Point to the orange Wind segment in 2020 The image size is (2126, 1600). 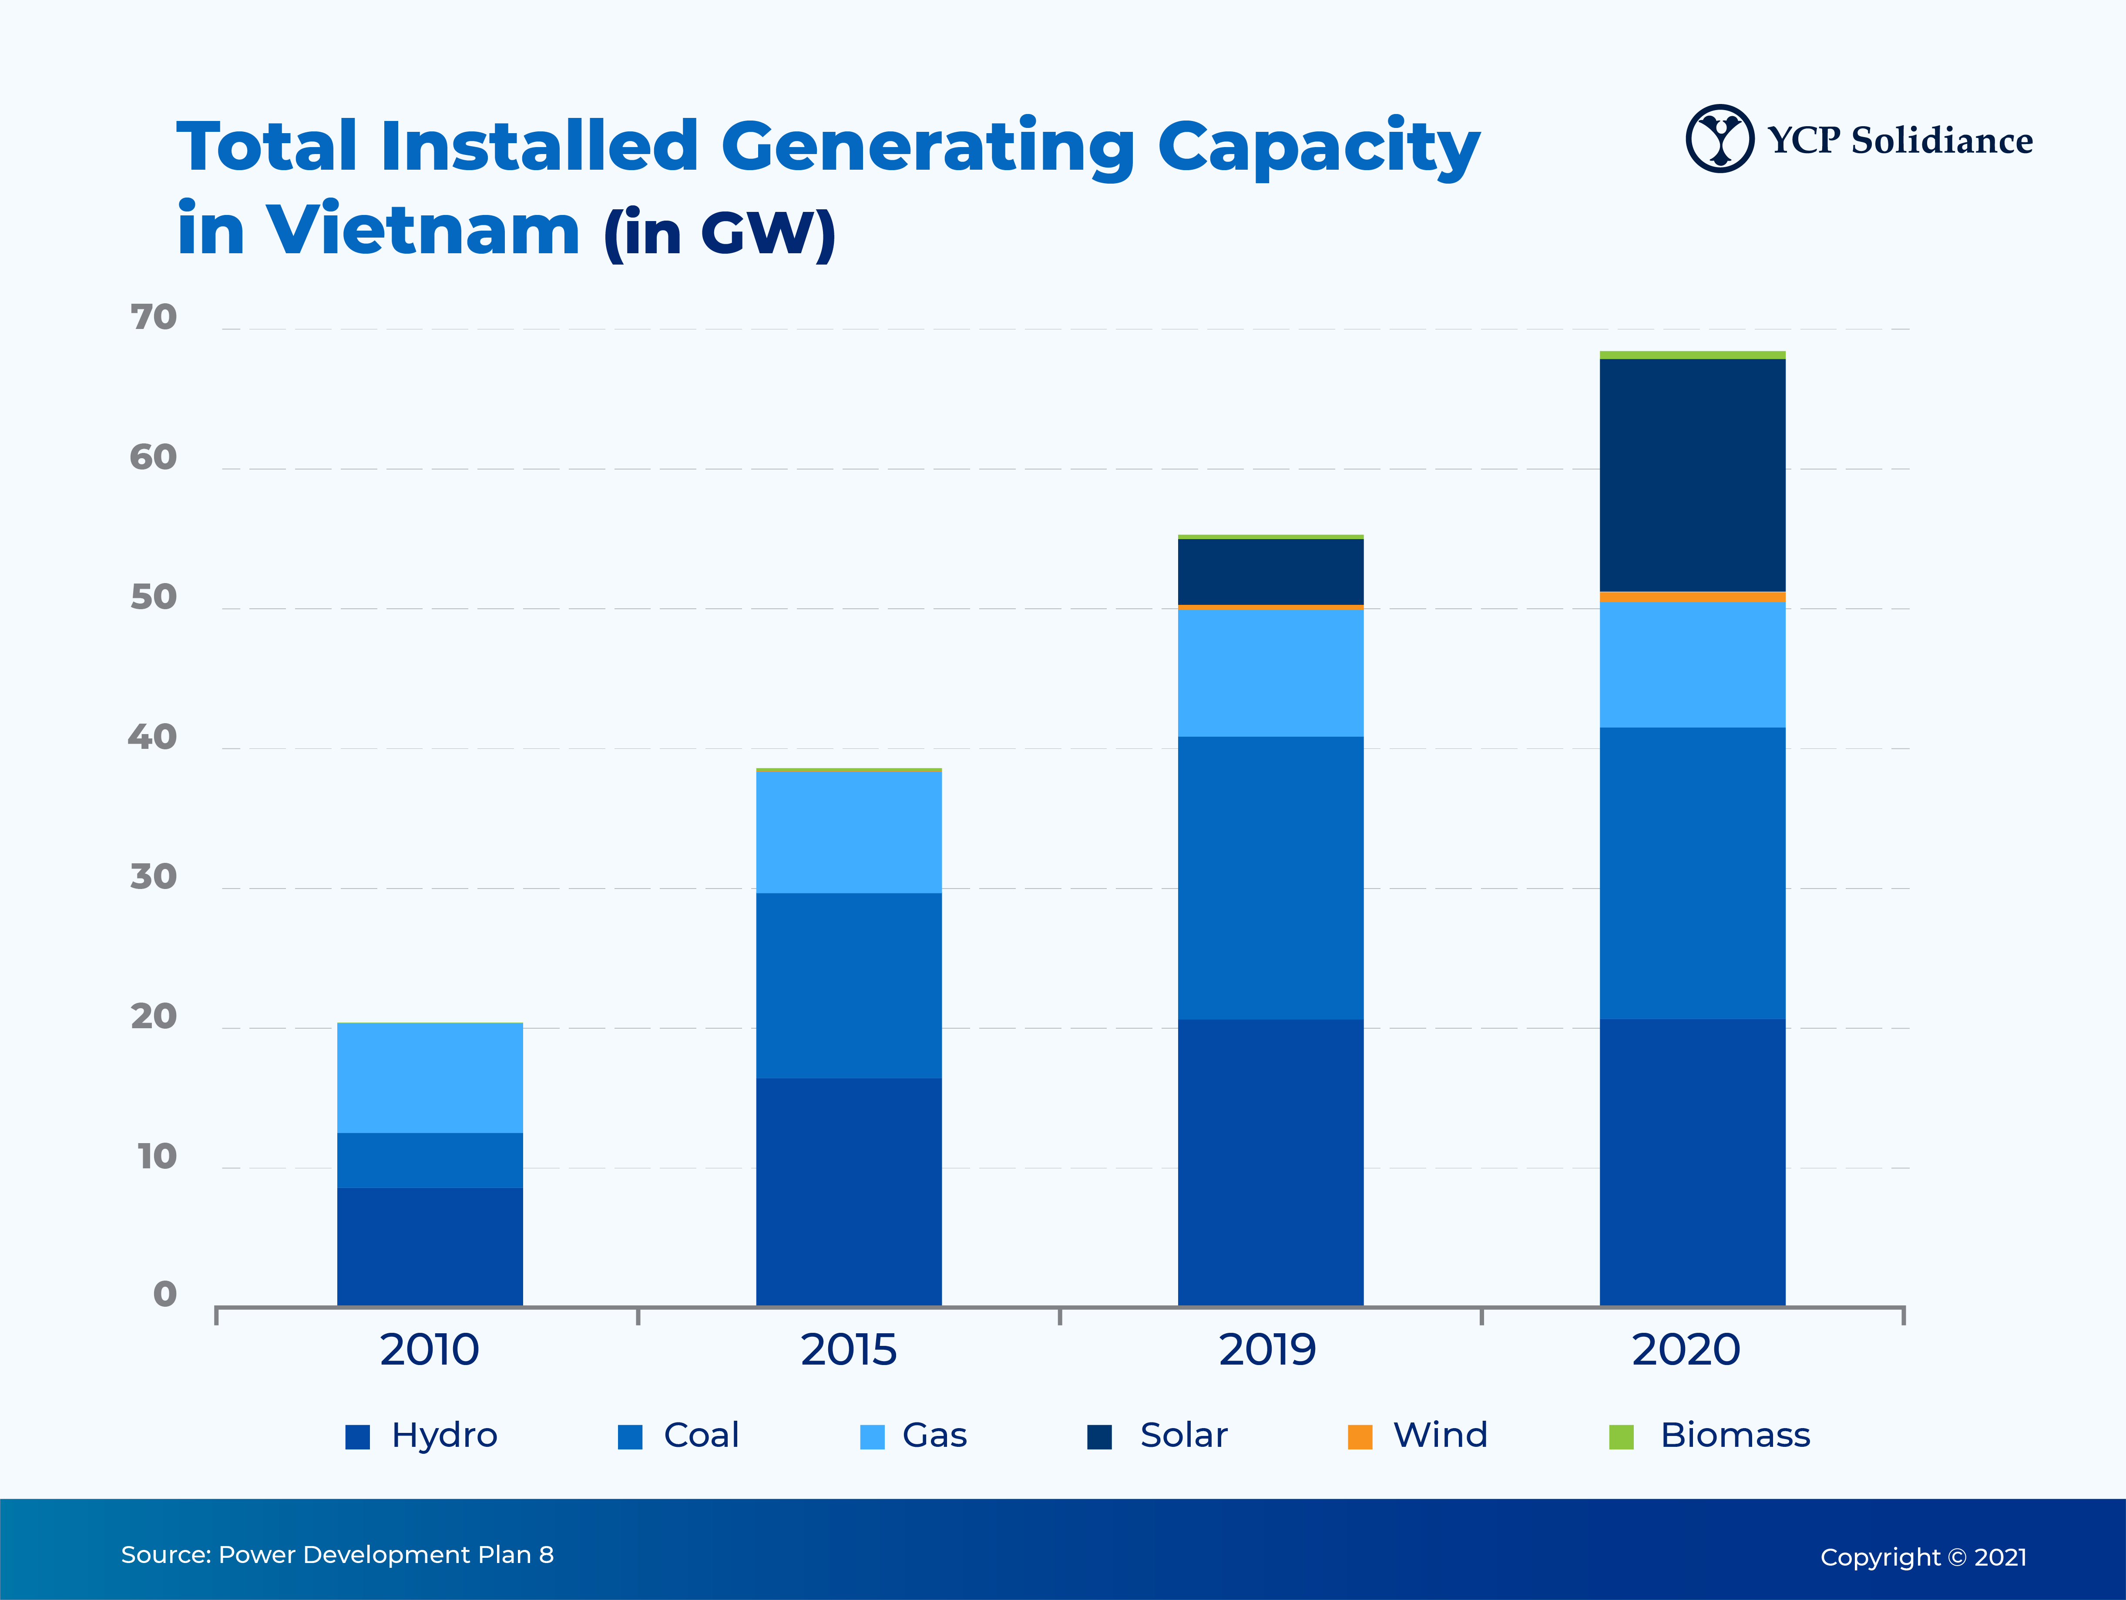(x=1692, y=597)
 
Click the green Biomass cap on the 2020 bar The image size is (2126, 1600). (x=1692, y=355)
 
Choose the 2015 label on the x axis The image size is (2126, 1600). (x=849, y=1350)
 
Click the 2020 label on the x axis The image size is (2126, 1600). (x=1686, y=1350)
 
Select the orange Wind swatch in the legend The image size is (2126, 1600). (x=1360, y=1437)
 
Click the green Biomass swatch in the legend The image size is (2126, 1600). (x=1622, y=1437)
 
